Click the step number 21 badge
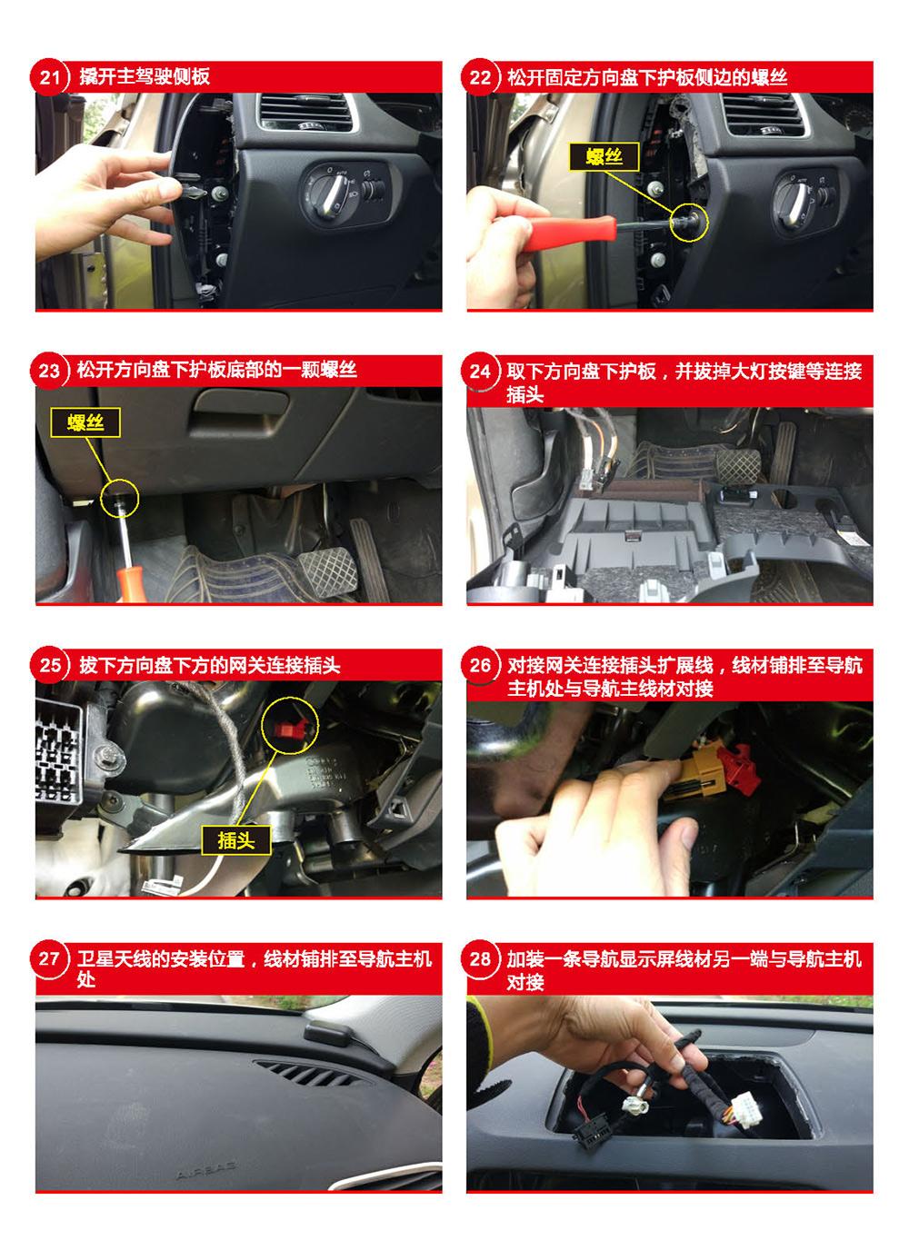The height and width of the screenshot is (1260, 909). [x=49, y=76]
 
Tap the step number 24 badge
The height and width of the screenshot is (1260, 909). [x=480, y=372]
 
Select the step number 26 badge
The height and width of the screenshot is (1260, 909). [x=480, y=666]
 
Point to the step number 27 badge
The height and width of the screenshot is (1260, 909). [x=49, y=959]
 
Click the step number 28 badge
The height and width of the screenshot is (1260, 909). [x=480, y=959]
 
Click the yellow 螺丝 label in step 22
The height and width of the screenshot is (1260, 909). [x=604, y=156]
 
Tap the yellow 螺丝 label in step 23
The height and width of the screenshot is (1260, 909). [x=85, y=422]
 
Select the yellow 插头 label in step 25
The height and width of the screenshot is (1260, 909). [x=235, y=840]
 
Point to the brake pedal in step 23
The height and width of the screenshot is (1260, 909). [x=327, y=574]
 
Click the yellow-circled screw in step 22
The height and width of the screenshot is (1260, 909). [x=688, y=222]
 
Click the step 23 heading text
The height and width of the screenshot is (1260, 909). [x=217, y=370]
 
